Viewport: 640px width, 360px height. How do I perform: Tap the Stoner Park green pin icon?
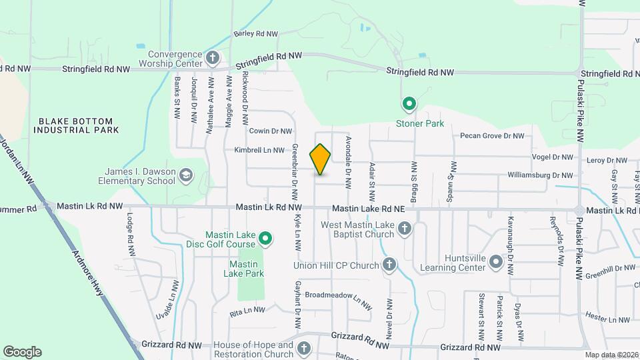tap(409, 104)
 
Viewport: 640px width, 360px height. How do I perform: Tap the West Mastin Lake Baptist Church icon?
tap(404, 230)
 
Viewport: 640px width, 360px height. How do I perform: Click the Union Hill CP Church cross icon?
tap(389, 265)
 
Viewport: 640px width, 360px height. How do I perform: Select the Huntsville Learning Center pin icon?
tap(495, 262)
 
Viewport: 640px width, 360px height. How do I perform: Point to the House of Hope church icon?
tap(304, 348)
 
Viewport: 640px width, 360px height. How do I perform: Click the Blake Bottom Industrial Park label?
tap(79, 125)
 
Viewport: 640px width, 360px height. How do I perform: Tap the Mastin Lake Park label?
tap(242, 269)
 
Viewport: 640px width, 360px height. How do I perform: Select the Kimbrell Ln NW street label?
tap(259, 151)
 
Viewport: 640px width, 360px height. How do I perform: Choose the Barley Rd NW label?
tap(255, 33)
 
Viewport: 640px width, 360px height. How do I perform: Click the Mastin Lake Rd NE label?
tap(369, 209)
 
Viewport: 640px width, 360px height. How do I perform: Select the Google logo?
tap(22, 352)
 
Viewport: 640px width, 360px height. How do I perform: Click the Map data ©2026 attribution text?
tap(611, 355)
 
